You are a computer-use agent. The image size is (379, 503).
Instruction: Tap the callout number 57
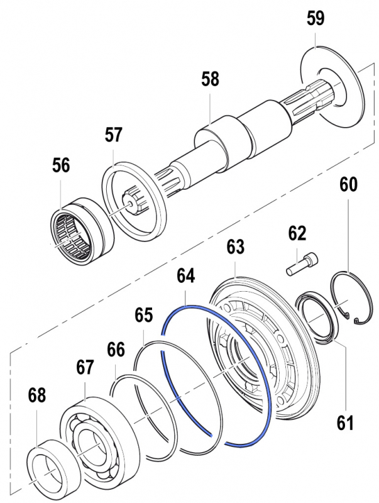pos(114,135)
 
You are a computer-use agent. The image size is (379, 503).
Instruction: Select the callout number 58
pos(210,80)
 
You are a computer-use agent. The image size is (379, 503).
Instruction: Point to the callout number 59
pos(316,18)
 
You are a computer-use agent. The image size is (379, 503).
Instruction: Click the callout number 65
pos(144,314)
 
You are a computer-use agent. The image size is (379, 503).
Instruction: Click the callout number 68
pos(37,395)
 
